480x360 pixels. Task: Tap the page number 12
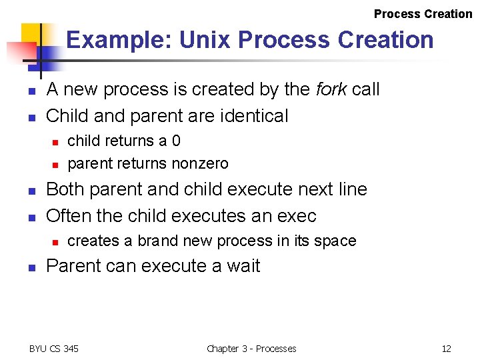pyautogui.click(x=446, y=349)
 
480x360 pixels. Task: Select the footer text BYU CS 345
pyautogui.click(x=54, y=349)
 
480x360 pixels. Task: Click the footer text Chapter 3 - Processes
pyautogui.click(x=251, y=349)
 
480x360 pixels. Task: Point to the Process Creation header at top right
pyautogui.click(x=423, y=14)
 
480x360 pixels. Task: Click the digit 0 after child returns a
pyautogui.click(x=176, y=141)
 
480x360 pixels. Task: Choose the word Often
pyautogui.click(x=67, y=216)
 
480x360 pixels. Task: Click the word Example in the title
pyautogui.click(x=117, y=40)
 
